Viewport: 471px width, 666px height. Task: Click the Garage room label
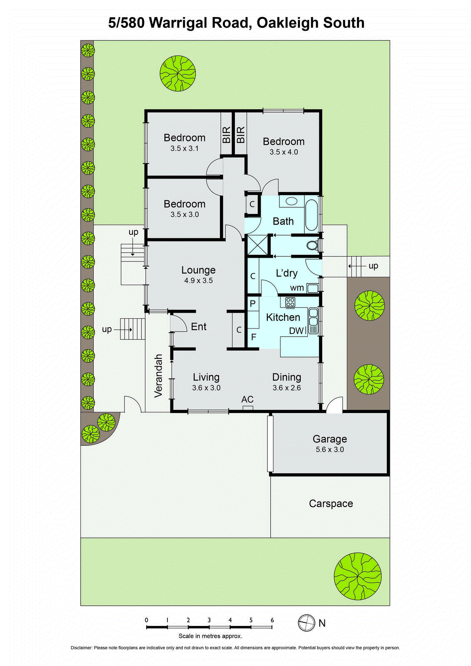click(329, 439)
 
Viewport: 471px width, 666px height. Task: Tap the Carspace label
click(331, 504)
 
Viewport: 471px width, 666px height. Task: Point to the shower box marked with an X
click(257, 244)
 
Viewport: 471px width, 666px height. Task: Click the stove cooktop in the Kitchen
click(290, 302)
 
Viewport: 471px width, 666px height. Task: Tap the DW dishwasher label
click(297, 331)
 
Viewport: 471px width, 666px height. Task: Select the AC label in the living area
click(247, 400)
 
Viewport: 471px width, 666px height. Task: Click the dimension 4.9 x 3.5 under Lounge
click(198, 281)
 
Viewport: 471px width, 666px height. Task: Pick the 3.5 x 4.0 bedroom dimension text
click(284, 152)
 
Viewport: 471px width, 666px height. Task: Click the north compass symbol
click(307, 623)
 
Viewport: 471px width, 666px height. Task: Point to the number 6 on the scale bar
click(272, 620)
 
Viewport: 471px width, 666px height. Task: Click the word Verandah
click(158, 375)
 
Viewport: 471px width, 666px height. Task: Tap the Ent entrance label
click(199, 327)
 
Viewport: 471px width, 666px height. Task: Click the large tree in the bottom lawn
click(357, 576)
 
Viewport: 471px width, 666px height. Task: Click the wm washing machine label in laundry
click(297, 288)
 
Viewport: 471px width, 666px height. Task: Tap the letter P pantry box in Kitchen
click(252, 304)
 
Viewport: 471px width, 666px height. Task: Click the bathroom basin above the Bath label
click(291, 201)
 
